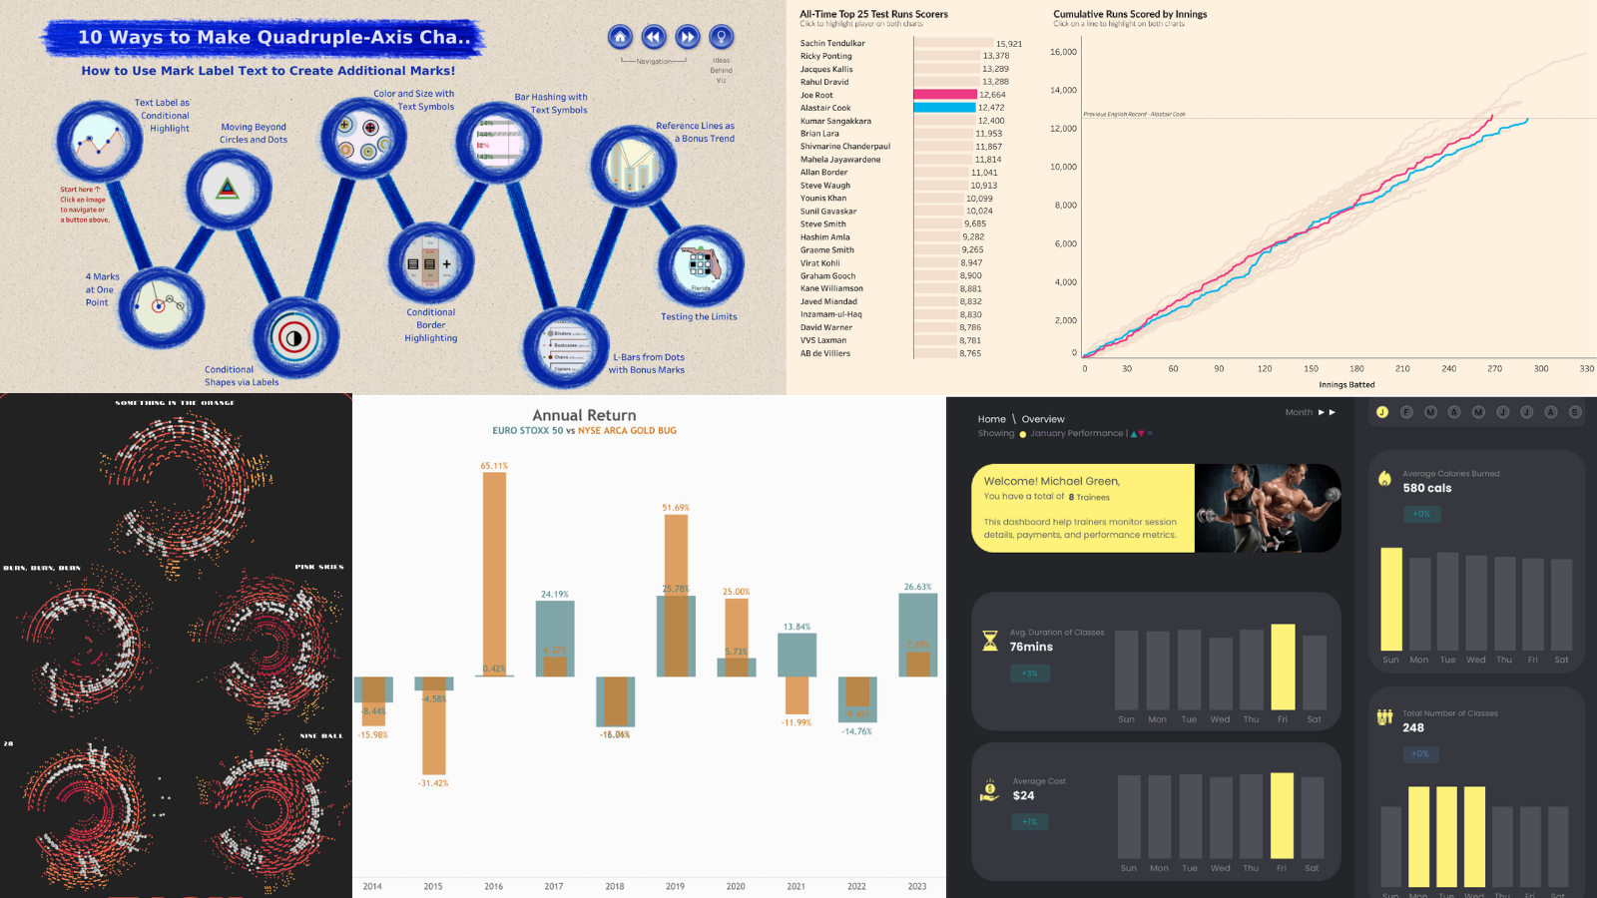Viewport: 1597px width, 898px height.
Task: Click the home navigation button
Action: [620, 37]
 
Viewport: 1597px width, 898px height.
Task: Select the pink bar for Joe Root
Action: [944, 95]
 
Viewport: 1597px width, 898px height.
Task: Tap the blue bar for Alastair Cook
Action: [944, 108]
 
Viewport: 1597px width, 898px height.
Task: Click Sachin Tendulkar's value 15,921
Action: [1008, 44]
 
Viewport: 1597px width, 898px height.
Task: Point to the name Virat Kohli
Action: [820, 263]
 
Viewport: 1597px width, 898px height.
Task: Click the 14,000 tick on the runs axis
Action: [1063, 90]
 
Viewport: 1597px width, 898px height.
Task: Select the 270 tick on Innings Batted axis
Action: [1494, 369]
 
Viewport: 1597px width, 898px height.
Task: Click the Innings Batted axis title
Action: [1346, 384]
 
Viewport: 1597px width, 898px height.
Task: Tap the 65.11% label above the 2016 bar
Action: [494, 466]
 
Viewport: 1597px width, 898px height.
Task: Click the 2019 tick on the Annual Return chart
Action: [675, 886]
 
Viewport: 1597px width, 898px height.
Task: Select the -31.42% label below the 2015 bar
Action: [433, 783]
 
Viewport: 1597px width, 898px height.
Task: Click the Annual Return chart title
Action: [584, 415]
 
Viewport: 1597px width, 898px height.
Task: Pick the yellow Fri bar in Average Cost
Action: [1282, 815]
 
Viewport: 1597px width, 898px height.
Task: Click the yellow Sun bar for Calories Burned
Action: [1390, 599]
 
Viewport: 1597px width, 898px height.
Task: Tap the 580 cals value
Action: [1427, 488]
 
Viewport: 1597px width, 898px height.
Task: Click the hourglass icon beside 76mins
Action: [990, 641]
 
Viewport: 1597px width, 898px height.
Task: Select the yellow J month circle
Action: [1382, 412]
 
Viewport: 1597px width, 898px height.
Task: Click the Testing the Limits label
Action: [699, 316]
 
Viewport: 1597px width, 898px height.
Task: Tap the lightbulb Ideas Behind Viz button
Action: [721, 37]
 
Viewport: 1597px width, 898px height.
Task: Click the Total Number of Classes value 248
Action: [1413, 727]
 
